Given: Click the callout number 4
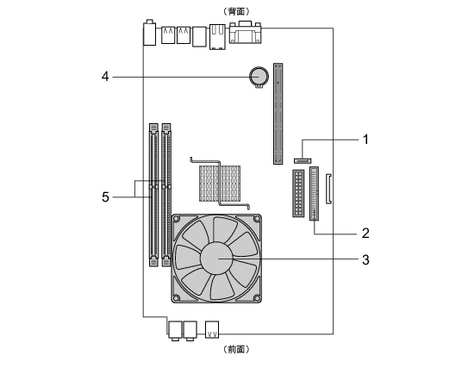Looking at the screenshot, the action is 105,77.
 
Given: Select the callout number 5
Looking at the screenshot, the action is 105,197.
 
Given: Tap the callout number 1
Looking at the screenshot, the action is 365,140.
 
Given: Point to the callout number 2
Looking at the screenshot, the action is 365,234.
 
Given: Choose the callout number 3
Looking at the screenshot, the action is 365,260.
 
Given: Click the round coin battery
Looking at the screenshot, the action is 259,77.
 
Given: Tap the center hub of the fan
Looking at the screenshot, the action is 216,258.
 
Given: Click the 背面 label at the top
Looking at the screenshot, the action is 236,11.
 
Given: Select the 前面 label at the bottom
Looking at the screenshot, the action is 236,349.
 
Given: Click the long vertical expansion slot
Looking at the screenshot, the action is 278,114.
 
